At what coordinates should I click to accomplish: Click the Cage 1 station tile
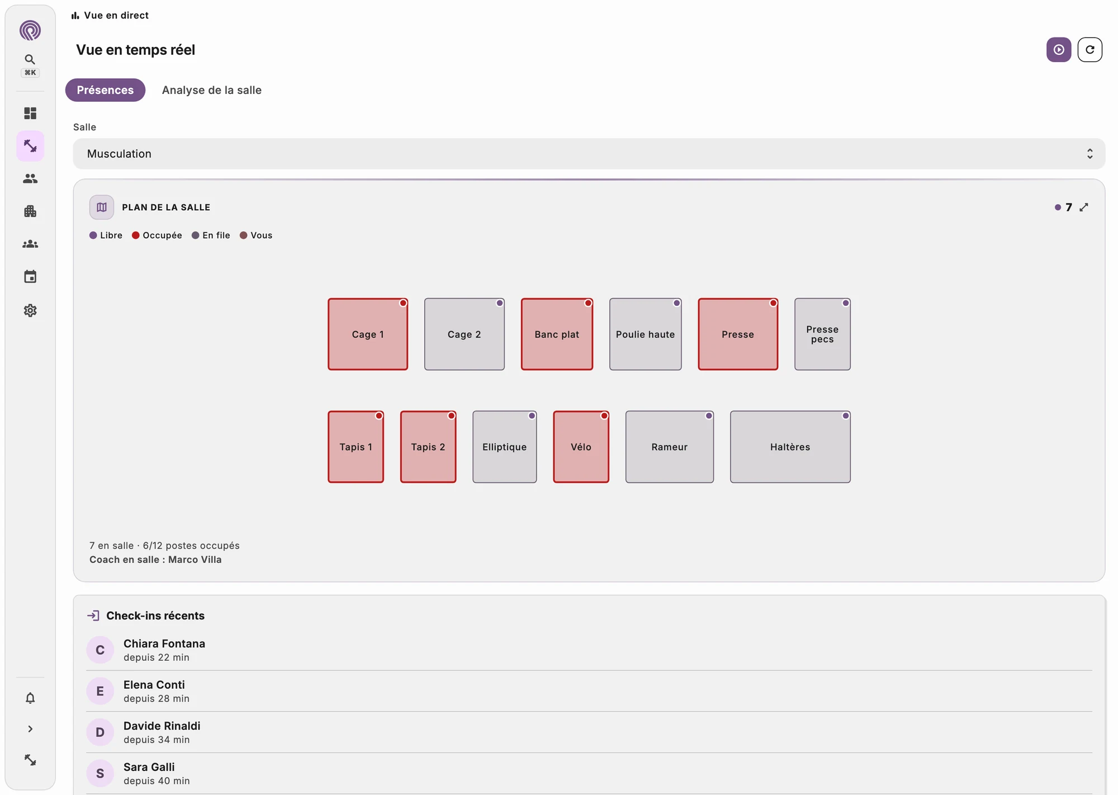point(368,334)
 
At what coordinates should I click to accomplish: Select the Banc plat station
point(557,334)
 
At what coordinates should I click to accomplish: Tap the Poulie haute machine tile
point(645,334)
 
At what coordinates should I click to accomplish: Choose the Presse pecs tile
point(822,334)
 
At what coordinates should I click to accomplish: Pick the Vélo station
point(581,447)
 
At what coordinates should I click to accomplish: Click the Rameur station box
point(669,447)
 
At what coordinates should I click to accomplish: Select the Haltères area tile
point(790,447)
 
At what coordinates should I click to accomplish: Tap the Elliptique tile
point(504,447)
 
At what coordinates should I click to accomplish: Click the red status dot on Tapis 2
point(451,415)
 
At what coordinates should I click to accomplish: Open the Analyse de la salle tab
point(211,90)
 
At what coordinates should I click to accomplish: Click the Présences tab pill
point(105,90)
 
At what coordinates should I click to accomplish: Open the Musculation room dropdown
point(589,154)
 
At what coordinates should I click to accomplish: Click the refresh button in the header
point(1089,50)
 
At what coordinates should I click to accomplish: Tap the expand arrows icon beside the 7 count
point(1084,207)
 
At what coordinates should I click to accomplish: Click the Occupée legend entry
point(157,235)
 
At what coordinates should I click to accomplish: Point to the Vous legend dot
point(244,235)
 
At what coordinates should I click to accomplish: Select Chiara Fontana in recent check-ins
point(164,643)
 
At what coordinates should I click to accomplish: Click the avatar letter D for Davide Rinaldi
point(100,732)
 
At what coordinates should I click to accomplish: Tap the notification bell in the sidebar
point(30,698)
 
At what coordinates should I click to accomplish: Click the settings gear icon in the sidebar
point(30,310)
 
